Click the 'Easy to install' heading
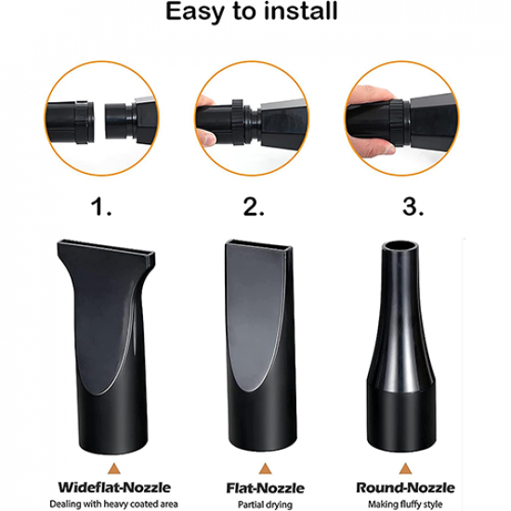251,12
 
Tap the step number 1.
101,207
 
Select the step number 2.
254,207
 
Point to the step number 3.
413,207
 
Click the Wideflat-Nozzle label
114,488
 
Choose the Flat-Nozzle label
266,488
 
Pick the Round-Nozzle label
405,488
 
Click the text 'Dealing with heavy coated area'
113,504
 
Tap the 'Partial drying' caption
265,504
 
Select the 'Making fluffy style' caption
405,504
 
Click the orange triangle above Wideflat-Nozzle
114,468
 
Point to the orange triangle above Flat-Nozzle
266,468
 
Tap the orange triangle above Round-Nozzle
405,468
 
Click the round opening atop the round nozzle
400,247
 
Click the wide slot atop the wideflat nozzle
106,248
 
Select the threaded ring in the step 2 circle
238,121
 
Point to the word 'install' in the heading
301,11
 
